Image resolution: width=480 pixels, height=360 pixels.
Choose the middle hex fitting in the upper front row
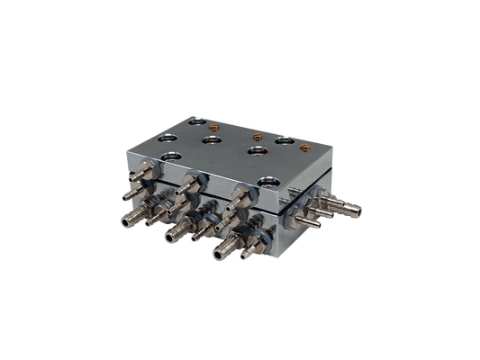187,184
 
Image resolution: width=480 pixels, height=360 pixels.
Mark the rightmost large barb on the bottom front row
220,254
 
